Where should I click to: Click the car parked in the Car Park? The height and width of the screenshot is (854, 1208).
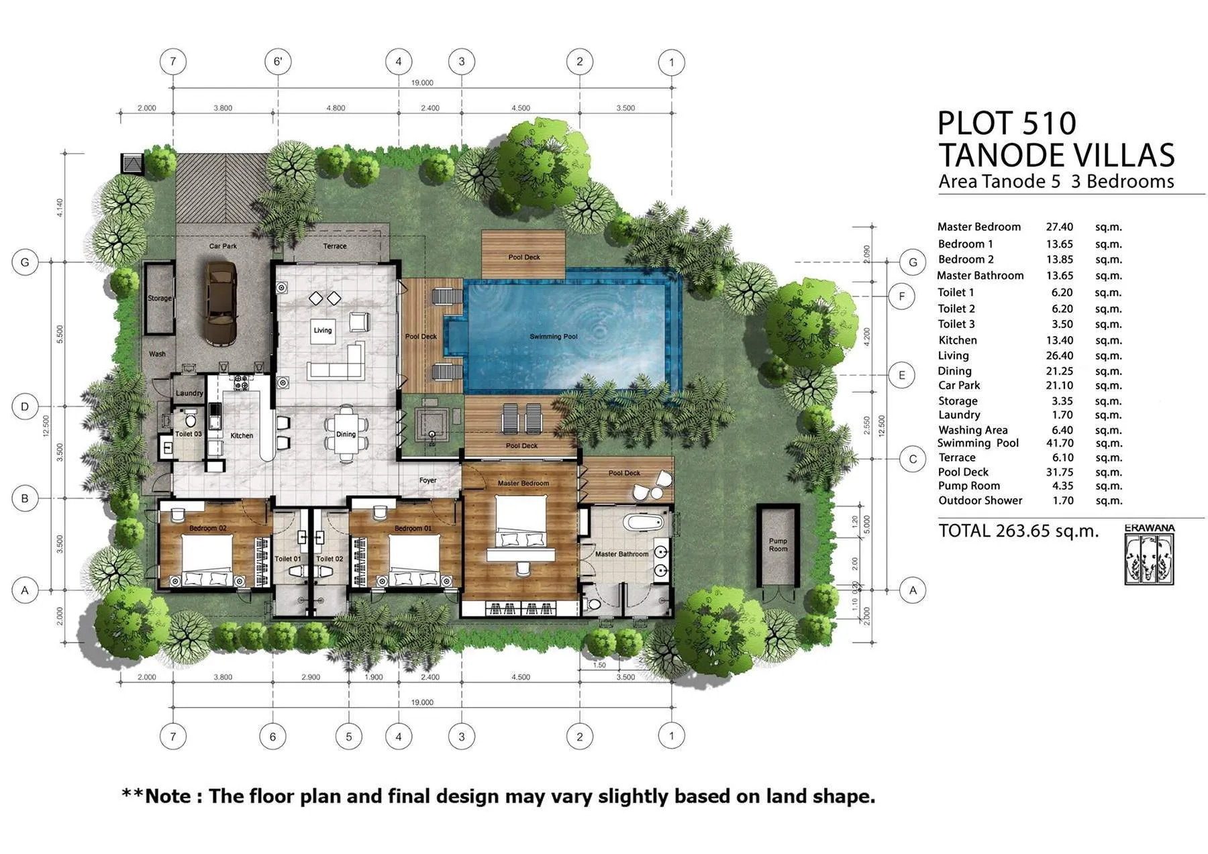[x=221, y=303]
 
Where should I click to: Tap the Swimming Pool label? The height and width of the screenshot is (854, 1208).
[x=553, y=336]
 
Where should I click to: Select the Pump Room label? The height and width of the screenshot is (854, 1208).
[x=778, y=545]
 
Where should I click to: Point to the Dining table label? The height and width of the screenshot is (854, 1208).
[x=346, y=434]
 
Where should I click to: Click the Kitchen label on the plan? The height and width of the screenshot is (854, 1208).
[x=242, y=435]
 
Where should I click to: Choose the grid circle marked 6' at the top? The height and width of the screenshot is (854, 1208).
[x=278, y=62]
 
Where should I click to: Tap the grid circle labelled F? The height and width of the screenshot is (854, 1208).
[x=902, y=296]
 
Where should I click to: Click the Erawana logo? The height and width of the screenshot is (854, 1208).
[x=1150, y=555]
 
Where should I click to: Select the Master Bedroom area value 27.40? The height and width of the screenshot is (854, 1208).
[x=1059, y=227]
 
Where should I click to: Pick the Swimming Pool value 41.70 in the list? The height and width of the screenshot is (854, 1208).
[x=1059, y=443]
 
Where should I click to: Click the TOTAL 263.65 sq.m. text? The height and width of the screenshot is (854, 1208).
[x=1018, y=531]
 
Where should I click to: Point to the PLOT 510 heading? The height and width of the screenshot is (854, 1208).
[x=1006, y=123]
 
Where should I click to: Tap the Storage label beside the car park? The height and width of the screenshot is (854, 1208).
[x=160, y=298]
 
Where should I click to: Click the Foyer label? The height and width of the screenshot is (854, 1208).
[x=427, y=480]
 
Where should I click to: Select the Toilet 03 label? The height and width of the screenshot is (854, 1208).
[x=188, y=434]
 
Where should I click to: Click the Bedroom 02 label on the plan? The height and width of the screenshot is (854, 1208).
[x=207, y=528]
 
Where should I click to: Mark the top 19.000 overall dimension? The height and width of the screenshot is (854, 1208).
[x=422, y=83]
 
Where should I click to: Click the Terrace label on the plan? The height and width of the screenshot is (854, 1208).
[x=334, y=246]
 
